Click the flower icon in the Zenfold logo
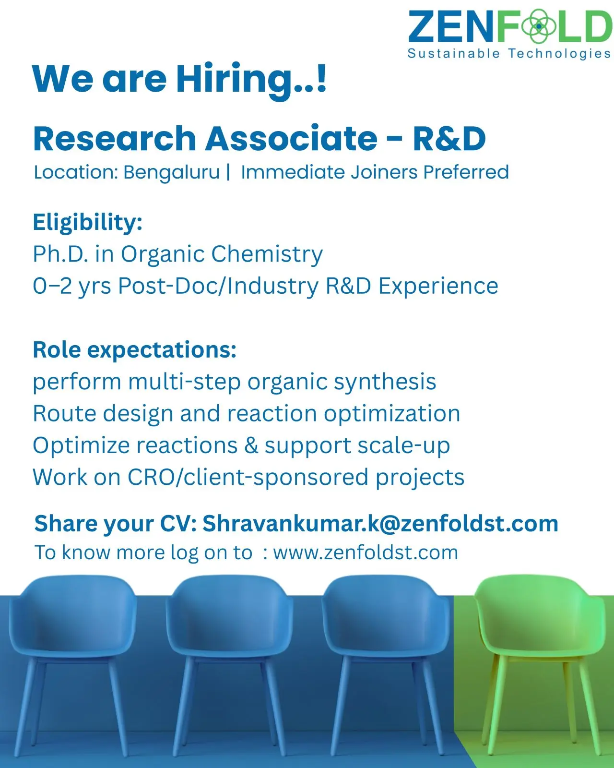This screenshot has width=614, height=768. (x=538, y=26)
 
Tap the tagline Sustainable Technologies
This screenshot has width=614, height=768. (x=509, y=54)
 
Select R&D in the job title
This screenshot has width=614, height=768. (x=449, y=138)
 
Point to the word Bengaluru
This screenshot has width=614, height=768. (x=172, y=173)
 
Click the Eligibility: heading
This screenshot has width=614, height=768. (x=88, y=223)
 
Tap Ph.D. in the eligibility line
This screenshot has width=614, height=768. (x=60, y=254)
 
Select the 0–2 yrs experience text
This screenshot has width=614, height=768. (x=72, y=286)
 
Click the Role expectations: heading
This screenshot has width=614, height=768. (x=135, y=350)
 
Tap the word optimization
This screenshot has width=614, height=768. (x=392, y=414)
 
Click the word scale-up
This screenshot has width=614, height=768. (x=403, y=446)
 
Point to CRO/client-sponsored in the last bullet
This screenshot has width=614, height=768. (x=248, y=478)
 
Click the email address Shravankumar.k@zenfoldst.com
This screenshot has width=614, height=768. (x=380, y=524)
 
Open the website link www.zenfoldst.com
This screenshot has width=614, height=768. (x=366, y=553)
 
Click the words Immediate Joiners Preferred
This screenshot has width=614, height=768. (x=375, y=172)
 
